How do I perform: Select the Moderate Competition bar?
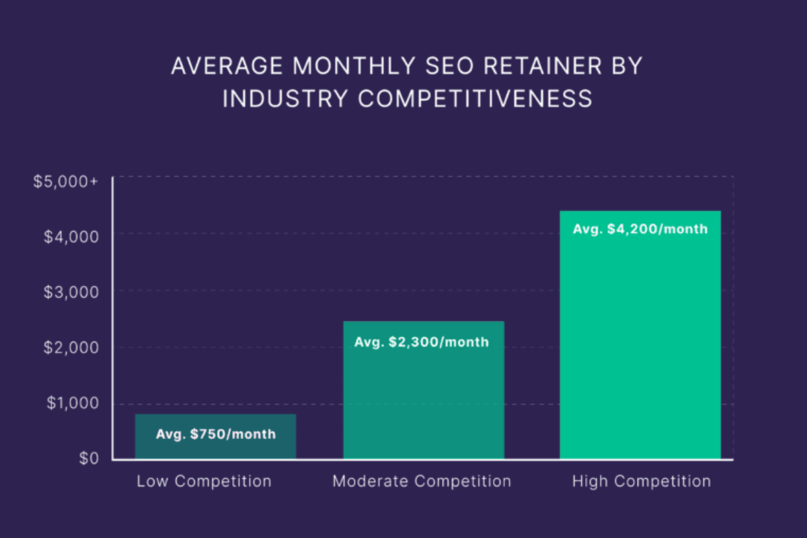click(x=424, y=397)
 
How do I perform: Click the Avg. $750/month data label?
click(x=216, y=434)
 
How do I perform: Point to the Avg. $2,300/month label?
click(x=422, y=342)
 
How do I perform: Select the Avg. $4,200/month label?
click(x=640, y=229)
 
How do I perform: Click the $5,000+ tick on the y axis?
click(x=65, y=182)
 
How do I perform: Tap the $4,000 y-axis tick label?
click(x=71, y=236)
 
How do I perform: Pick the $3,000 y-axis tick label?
click(x=71, y=292)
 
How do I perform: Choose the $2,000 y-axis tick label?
click(x=71, y=348)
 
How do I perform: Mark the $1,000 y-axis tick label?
click(x=71, y=403)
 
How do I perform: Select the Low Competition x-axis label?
click(x=204, y=482)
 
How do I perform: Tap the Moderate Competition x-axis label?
click(x=422, y=482)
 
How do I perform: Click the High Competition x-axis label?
click(x=642, y=482)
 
